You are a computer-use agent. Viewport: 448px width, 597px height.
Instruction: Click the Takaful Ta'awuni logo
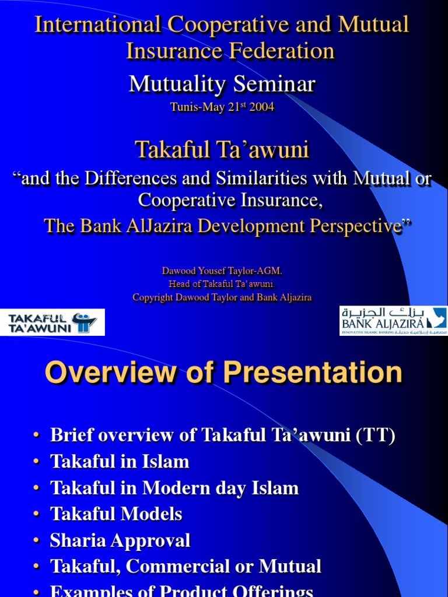pos(52,322)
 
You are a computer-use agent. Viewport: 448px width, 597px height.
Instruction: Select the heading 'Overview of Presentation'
pos(223,373)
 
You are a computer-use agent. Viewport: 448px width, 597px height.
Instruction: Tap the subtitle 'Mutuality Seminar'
pos(222,84)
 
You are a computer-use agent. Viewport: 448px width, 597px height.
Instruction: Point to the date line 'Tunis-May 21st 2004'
pos(222,107)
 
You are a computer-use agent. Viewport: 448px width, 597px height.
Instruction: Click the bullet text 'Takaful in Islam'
pos(120,462)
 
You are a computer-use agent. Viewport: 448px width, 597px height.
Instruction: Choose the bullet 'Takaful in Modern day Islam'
pos(174,488)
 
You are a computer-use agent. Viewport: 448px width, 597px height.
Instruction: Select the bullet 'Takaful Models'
pos(116,514)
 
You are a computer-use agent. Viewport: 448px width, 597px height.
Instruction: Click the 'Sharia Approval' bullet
pos(120,540)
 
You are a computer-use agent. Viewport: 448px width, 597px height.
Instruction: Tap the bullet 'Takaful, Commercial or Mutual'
pos(185,566)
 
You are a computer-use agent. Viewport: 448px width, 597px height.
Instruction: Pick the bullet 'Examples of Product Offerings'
pos(182,590)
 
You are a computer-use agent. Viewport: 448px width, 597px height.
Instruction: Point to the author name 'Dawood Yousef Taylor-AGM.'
pos(222,271)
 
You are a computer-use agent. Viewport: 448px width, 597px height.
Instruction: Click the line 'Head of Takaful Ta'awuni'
pos(222,284)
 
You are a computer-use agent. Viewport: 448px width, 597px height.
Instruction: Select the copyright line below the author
pos(222,297)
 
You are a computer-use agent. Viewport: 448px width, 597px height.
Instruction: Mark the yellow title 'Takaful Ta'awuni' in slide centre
pos(222,150)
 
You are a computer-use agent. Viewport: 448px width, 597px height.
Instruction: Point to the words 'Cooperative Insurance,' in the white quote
pos(230,201)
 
